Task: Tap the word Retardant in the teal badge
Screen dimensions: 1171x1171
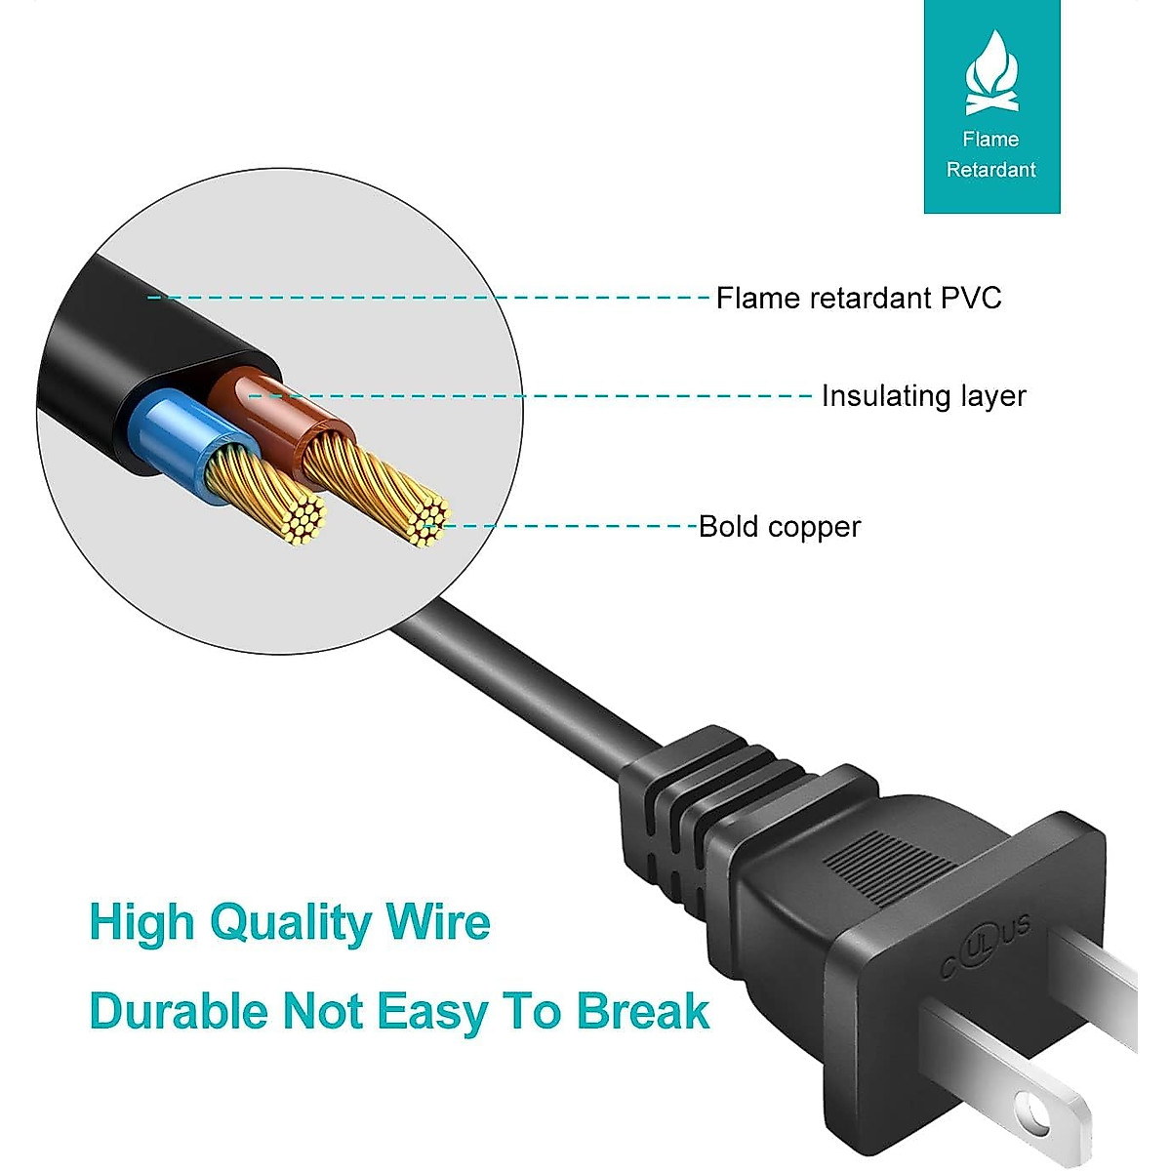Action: (x=990, y=170)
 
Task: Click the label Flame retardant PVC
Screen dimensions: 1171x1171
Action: (x=859, y=298)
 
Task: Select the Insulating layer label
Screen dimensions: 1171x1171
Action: (x=923, y=396)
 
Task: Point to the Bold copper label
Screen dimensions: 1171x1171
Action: (x=780, y=527)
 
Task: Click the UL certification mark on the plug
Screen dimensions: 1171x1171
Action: (x=986, y=944)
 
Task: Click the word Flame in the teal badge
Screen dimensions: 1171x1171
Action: (x=990, y=140)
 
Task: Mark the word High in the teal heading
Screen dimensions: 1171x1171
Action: (x=141, y=923)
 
